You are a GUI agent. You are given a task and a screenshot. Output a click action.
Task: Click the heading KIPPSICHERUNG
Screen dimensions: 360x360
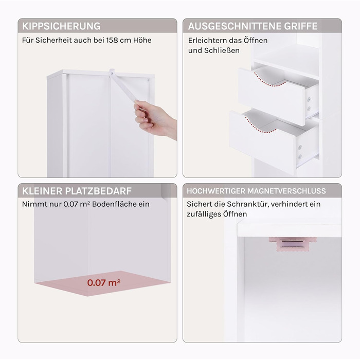(61, 26)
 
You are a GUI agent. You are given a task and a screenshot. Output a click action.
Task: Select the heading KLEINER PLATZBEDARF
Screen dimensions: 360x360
(77, 191)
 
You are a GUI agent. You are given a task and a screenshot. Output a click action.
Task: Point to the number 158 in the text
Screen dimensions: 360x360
(113, 40)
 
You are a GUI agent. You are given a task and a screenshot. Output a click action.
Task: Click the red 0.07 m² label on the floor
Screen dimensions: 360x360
(104, 282)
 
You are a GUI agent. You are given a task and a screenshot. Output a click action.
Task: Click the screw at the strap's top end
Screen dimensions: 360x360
(112, 73)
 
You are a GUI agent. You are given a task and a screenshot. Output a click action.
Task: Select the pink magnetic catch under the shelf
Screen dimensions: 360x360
(293, 244)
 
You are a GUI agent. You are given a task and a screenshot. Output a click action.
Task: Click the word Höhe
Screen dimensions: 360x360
(142, 40)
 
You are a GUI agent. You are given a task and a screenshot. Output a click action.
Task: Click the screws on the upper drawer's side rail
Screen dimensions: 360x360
(309, 104)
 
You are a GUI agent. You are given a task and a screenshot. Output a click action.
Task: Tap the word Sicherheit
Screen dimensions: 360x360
(52, 40)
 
